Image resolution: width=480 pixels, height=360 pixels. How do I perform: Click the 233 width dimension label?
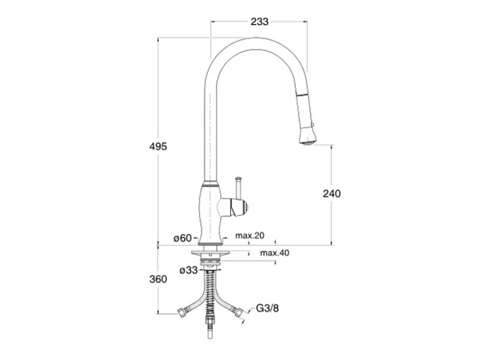(x=259, y=22)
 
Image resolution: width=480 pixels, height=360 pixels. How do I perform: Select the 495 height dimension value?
(x=158, y=146)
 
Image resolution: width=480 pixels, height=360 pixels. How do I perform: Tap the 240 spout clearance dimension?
(x=332, y=194)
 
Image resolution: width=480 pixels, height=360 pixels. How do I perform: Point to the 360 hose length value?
(x=158, y=279)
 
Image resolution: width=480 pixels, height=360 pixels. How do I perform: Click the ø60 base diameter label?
(x=183, y=238)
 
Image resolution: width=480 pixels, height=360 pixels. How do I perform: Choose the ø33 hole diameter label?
(x=189, y=270)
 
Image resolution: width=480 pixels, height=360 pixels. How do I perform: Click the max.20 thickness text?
(x=250, y=235)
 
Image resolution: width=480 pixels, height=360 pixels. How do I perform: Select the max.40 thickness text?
(x=275, y=253)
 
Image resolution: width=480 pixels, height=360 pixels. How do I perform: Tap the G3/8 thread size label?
(x=267, y=308)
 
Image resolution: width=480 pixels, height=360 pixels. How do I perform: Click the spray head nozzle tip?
(x=308, y=142)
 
